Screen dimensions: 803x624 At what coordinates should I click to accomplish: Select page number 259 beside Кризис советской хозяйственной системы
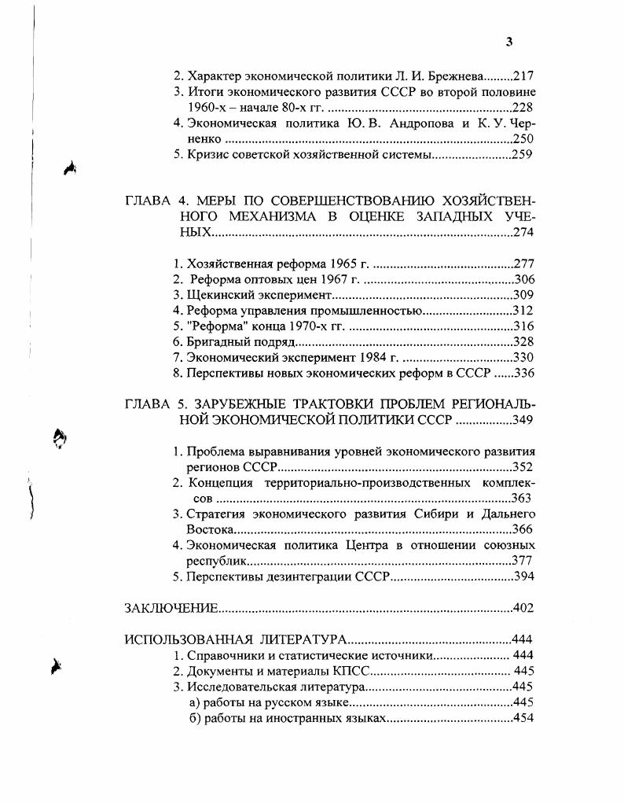coord(523,154)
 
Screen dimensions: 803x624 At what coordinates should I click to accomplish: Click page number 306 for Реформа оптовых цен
coord(523,279)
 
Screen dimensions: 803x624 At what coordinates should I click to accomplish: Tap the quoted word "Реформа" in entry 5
coord(214,326)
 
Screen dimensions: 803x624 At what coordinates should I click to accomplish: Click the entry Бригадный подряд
coord(240,341)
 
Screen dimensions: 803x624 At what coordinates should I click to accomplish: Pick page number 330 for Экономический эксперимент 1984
coord(523,357)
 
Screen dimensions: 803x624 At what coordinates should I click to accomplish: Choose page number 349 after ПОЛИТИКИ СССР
coord(523,420)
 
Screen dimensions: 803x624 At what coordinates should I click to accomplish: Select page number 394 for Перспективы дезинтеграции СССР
coord(523,576)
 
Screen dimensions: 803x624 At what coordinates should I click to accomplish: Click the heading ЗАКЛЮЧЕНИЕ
coord(171,607)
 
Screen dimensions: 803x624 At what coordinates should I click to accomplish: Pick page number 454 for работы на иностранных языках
coord(523,718)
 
